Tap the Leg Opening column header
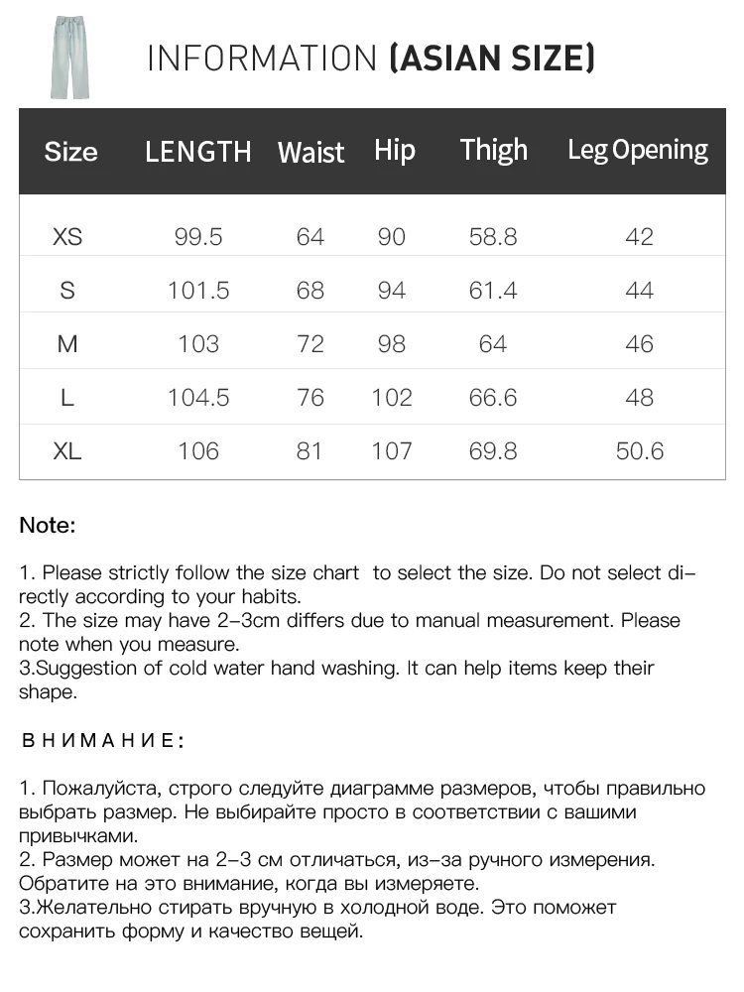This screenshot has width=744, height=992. point(638,151)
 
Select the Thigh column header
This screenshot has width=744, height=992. point(493,151)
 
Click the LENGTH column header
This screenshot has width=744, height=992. point(198,152)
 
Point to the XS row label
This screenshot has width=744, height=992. point(67,237)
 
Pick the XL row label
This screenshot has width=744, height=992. point(67,451)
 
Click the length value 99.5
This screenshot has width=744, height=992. point(198,237)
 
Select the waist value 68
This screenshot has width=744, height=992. point(310,291)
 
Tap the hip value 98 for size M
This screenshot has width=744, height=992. point(392,344)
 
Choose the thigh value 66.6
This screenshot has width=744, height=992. point(493,398)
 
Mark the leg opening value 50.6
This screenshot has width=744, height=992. point(640,451)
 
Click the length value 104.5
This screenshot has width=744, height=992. point(198,398)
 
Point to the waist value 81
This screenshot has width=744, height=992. point(310,451)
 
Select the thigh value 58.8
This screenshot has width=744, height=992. point(493,237)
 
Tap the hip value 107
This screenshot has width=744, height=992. point(392,451)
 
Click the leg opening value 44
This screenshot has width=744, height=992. point(640,291)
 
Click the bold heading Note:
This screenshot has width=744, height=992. point(48,526)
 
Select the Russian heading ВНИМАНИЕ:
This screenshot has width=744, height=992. point(102,740)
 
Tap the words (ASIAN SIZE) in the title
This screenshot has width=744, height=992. point(493,59)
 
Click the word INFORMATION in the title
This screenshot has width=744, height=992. point(262,59)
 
